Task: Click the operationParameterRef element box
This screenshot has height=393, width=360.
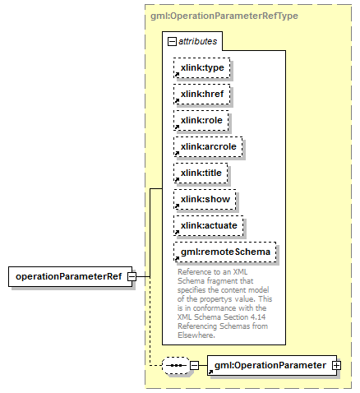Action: [70, 276]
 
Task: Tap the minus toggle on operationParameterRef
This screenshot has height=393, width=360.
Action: [132, 276]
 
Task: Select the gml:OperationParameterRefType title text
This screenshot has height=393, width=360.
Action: [224, 16]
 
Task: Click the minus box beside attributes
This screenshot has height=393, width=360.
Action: [172, 42]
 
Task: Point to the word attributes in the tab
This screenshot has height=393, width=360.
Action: [198, 41]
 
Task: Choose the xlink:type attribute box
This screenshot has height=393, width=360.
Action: [202, 67]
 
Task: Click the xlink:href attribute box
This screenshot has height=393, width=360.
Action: [202, 94]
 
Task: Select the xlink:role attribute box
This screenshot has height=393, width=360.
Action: [201, 120]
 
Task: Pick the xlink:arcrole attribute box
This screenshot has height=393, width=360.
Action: [208, 146]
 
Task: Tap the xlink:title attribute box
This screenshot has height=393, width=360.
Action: [201, 173]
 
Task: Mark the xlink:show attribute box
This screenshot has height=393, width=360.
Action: [205, 199]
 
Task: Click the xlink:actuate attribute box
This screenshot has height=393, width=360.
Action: [209, 225]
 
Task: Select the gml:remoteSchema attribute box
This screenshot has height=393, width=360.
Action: [225, 252]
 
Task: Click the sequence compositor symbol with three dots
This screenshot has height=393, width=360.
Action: [176, 365]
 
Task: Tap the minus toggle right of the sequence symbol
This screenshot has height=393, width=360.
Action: [194, 365]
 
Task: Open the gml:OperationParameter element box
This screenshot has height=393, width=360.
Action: [272, 365]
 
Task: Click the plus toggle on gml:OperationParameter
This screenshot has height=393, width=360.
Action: [336, 365]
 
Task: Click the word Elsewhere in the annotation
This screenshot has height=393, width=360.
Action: [196, 335]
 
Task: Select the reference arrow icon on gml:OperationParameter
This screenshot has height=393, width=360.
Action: [210, 372]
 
